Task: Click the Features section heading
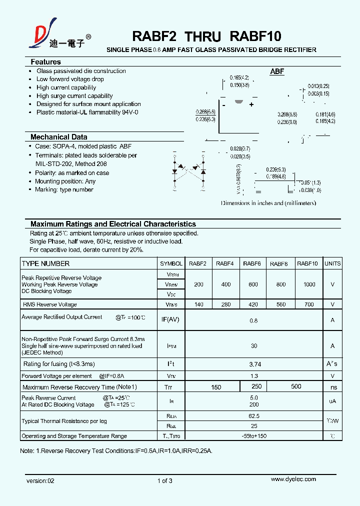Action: coord(45,62)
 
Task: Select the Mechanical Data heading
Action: coord(58,137)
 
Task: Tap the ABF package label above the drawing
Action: coord(277,71)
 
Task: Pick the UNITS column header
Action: coord(332,263)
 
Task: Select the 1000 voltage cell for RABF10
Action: coord(309,284)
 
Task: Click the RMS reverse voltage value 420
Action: coord(253,304)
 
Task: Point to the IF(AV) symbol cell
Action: coord(170,319)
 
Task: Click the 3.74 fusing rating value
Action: coord(254,364)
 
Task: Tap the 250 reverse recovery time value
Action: coord(256,386)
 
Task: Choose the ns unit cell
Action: coord(333,387)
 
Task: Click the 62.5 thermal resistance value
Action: coord(254,416)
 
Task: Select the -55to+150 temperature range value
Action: coord(254,436)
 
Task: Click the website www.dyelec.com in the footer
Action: coord(293,479)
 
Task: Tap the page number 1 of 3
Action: coord(164,481)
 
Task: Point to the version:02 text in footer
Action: coord(40,481)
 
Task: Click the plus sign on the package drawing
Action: coord(251,104)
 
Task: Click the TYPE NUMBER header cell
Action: coord(45,263)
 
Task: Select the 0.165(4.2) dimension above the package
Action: coord(239,77)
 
